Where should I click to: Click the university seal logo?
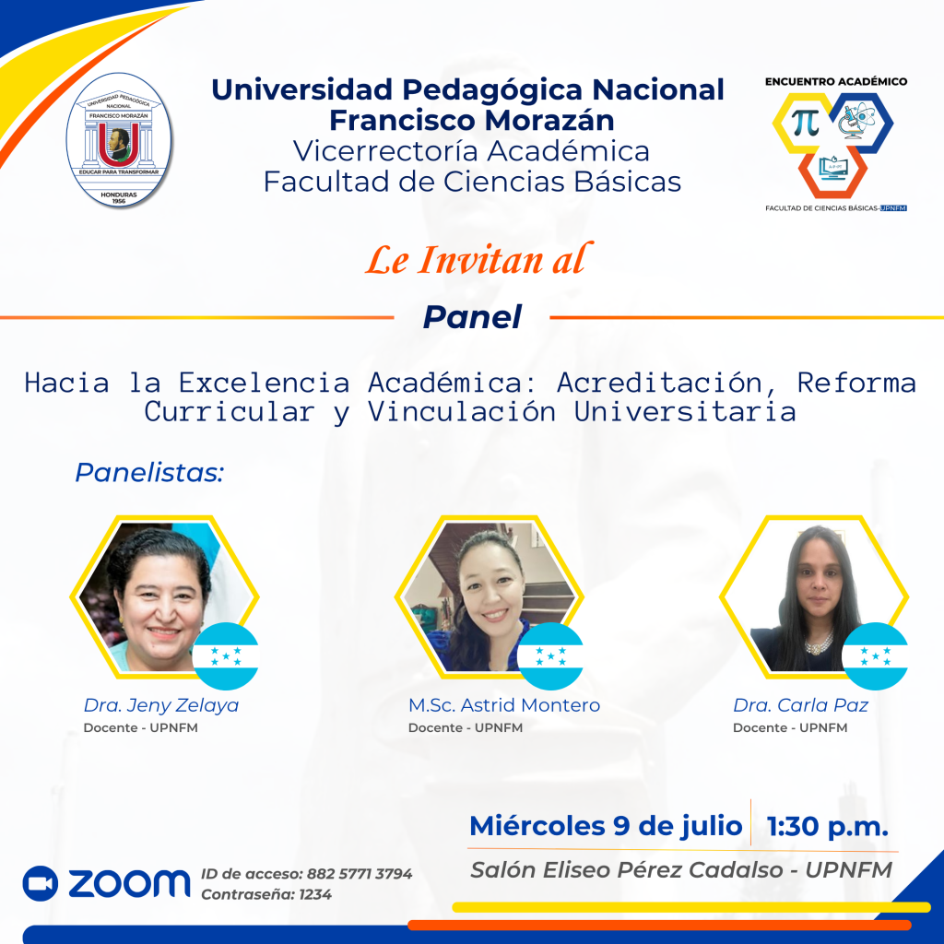pyautogui.click(x=119, y=140)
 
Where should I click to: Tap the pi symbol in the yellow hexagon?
pyautogui.click(x=805, y=123)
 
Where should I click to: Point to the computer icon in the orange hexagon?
pyautogui.click(x=833, y=168)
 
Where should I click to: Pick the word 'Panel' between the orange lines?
pyautogui.click(x=472, y=317)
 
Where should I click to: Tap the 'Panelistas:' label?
pyautogui.click(x=149, y=473)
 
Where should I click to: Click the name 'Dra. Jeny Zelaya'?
pyautogui.click(x=160, y=705)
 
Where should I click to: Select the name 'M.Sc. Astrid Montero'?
pyautogui.click(x=504, y=705)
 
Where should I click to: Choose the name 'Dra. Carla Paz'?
pyautogui.click(x=800, y=705)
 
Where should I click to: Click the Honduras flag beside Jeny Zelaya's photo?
pyautogui.click(x=226, y=656)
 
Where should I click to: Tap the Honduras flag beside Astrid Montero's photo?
pyautogui.click(x=550, y=656)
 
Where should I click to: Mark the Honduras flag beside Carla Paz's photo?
pyautogui.click(x=875, y=656)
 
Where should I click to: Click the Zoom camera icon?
pyautogui.click(x=41, y=883)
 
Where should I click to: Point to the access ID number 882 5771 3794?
pyautogui.click(x=360, y=874)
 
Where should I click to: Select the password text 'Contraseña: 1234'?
pyautogui.click(x=266, y=894)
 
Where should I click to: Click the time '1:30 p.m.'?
pyautogui.click(x=827, y=827)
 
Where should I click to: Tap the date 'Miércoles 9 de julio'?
pyautogui.click(x=606, y=826)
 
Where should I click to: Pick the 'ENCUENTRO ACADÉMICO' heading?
pyautogui.click(x=835, y=81)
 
